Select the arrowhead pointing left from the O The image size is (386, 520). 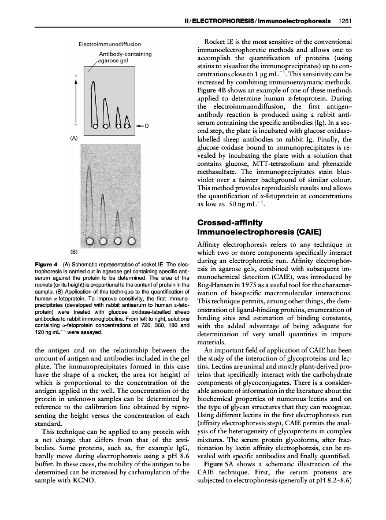point(136,125)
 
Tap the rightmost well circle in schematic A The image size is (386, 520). point(127,125)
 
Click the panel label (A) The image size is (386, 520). point(73,138)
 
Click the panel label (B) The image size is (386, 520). point(73,251)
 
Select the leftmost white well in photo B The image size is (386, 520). point(91,242)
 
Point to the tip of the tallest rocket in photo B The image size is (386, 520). point(88,165)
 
